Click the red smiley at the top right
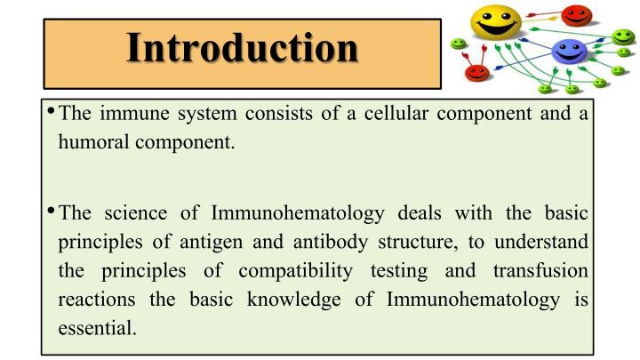(x=578, y=15)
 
